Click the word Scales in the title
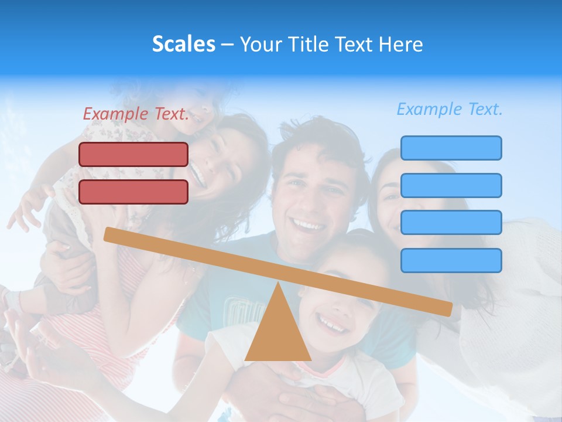click(183, 44)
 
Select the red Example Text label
click(136, 114)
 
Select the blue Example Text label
click(450, 109)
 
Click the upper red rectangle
click(133, 154)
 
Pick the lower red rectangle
click(133, 192)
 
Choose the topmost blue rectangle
click(451, 148)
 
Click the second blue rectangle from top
click(451, 185)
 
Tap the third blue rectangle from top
click(451, 223)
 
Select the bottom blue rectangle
click(451, 260)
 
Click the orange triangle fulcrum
click(278, 334)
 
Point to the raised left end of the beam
click(109, 234)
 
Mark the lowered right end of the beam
click(447, 309)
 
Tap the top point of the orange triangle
click(278, 284)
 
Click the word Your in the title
click(259, 44)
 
